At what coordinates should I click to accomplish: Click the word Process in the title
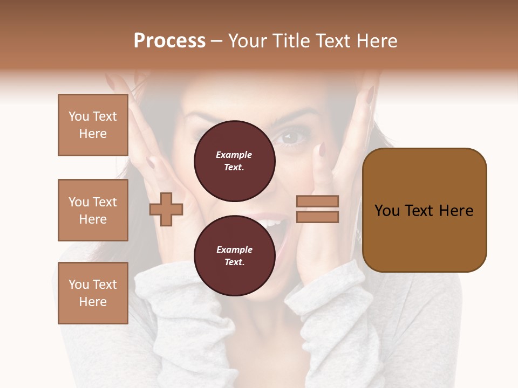point(169,41)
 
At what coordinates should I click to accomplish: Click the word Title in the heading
point(286,41)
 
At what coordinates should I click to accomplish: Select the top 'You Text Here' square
point(93,125)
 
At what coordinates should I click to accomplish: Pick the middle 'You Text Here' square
point(93,210)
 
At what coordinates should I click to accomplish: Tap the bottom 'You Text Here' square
point(93,293)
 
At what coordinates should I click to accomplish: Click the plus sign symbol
point(166,209)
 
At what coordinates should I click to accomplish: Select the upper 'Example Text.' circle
point(234,161)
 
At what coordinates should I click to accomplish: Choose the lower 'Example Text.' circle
point(234,256)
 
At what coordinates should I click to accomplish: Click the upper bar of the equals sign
point(318,201)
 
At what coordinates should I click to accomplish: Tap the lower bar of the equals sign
point(318,217)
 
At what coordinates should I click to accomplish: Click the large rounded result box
point(424,210)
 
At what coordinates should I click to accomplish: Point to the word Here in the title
point(377,41)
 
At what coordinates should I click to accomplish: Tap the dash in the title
point(217,41)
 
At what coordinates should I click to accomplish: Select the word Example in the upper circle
point(234,155)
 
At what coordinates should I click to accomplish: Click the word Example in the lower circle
point(234,250)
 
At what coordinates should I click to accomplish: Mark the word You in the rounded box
point(387,211)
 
